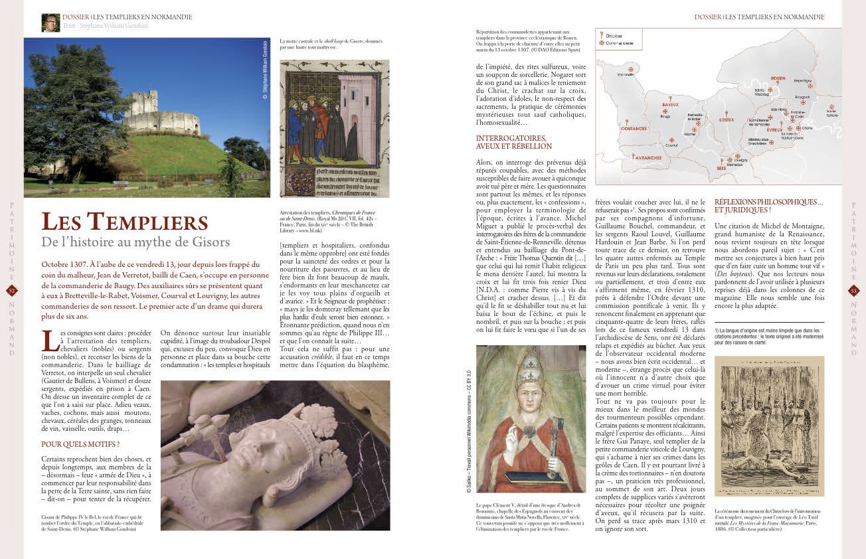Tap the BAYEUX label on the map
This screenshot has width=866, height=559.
tap(670, 105)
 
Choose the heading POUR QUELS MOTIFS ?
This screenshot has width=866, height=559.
tap(80, 444)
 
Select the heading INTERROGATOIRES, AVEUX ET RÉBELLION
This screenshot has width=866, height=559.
tap(514, 142)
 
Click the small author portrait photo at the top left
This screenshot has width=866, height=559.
tap(50, 23)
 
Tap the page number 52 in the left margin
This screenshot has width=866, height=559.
tap(12, 290)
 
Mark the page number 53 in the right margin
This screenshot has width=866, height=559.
tap(854, 290)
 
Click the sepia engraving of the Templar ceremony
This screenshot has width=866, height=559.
tap(768, 426)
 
